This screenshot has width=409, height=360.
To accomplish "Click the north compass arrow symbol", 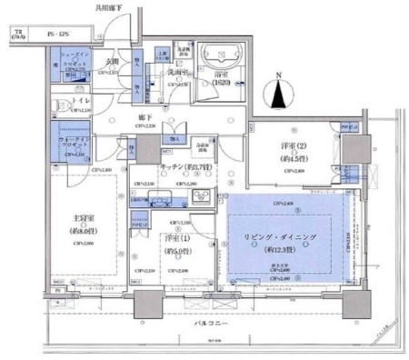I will [278, 92].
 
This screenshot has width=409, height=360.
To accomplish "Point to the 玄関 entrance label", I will [112, 62].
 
